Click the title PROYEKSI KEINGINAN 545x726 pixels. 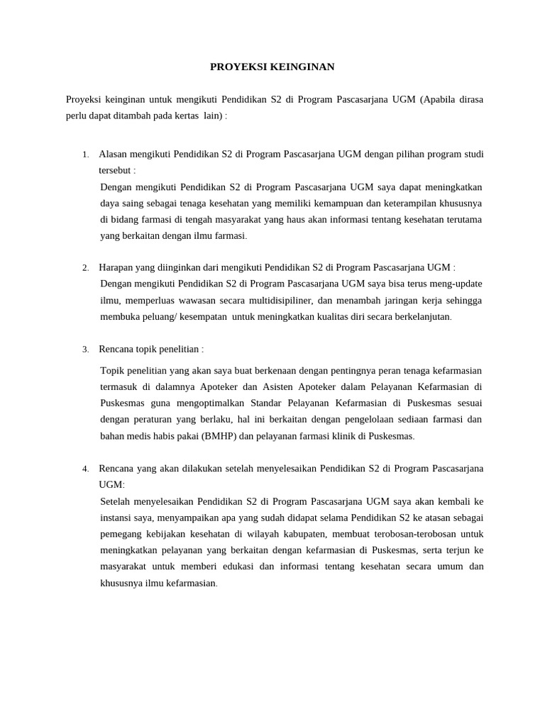point(272,67)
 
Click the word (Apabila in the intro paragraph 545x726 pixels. point(441,99)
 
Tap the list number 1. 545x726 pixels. point(85,155)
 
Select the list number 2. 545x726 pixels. point(85,268)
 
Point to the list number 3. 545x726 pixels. point(85,350)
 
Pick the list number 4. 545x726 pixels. point(85,469)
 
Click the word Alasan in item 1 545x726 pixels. point(113,154)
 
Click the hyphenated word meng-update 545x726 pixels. point(453,284)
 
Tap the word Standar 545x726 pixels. point(267,403)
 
